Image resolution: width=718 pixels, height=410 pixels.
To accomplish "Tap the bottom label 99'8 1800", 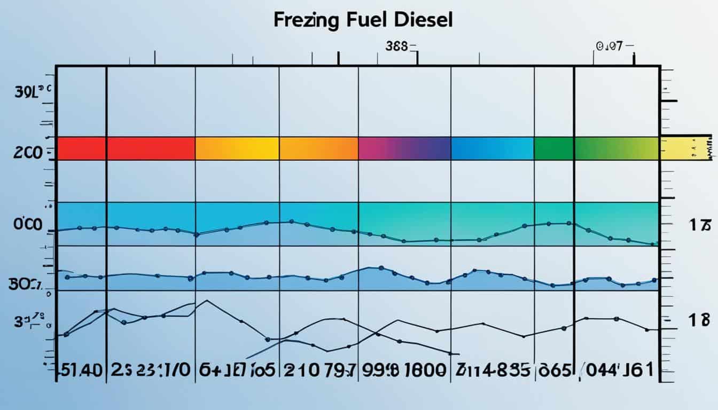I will click(404, 370).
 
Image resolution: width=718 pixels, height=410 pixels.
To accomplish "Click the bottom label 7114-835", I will click(493, 370).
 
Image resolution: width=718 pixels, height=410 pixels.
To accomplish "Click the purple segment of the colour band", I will click(404, 148).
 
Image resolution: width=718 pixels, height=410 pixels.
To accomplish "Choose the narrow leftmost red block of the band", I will click(81, 148).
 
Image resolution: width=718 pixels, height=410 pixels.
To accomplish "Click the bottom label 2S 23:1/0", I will click(151, 370).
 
